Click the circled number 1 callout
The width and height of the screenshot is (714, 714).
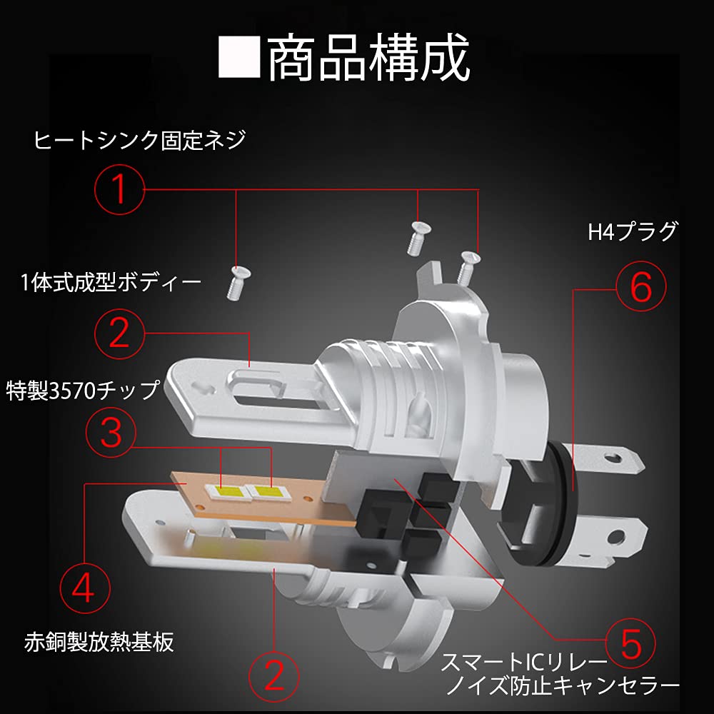119,189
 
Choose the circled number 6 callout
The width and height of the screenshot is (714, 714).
640,288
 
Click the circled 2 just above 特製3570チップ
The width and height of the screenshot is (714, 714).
119,331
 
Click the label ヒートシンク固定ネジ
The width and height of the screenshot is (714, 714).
139,140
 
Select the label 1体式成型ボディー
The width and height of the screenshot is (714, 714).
111,283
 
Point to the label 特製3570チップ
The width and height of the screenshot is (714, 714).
82,391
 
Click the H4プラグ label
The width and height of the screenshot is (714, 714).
632,232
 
